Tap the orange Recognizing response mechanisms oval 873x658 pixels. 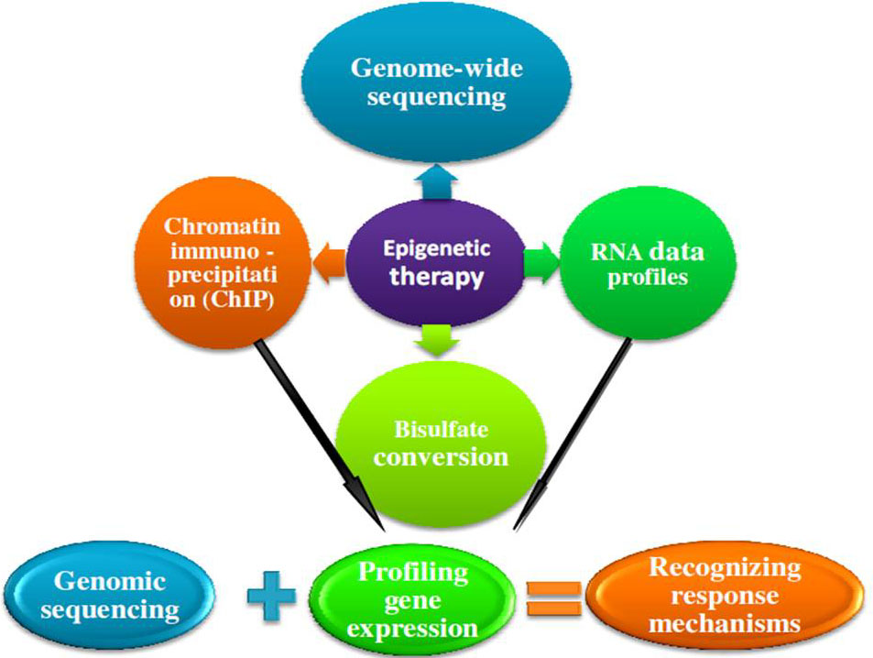pyautogui.click(x=723, y=596)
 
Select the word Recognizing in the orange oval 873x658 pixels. pyautogui.click(x=724, y=567)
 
